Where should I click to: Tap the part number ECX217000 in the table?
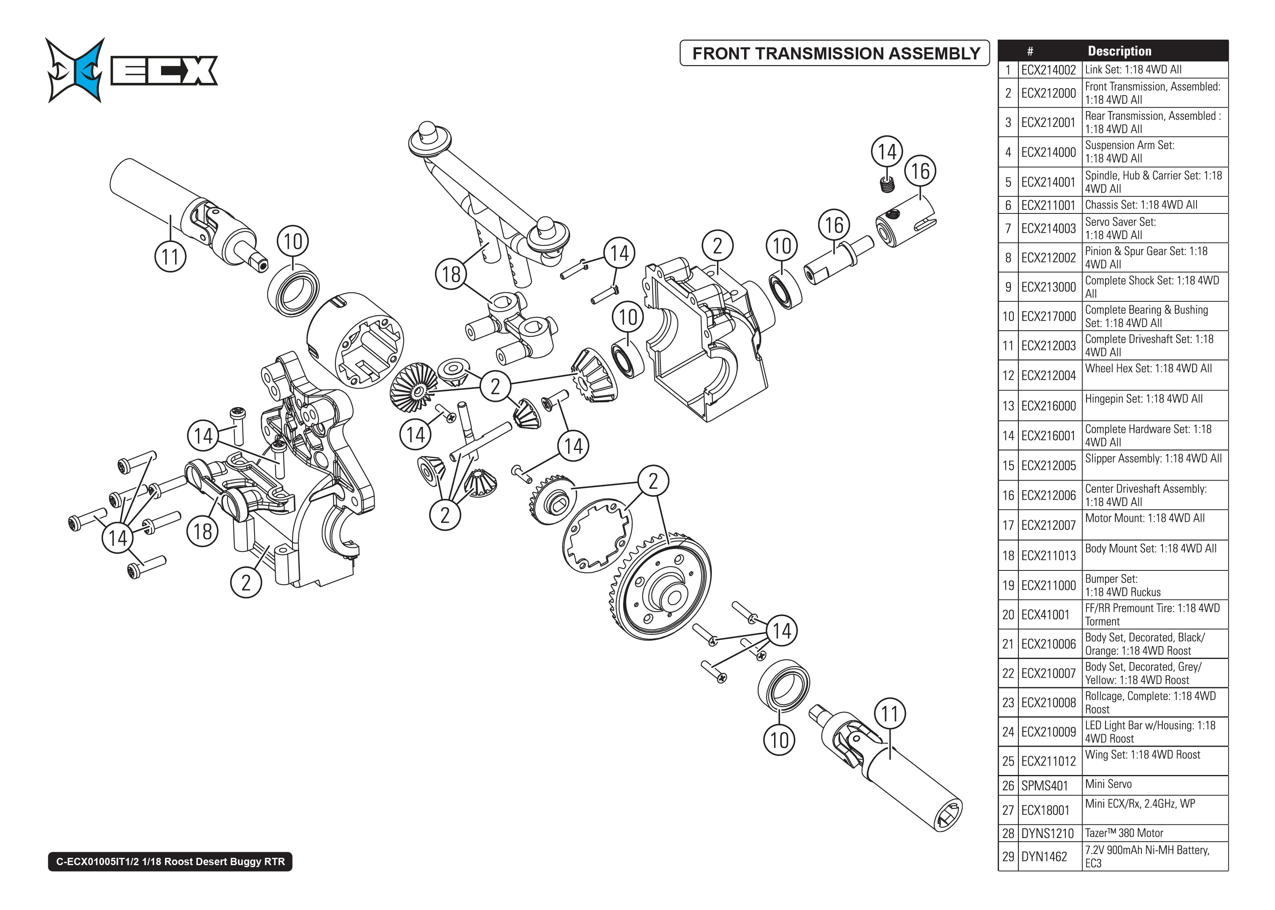[x=1048, y=317]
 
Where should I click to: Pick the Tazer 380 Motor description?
[x=1124, y=833]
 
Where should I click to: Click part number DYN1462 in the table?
[x=1044, y=856]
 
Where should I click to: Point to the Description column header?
[x=1119, y=51]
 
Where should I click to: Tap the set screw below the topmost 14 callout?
[x=887, y=183]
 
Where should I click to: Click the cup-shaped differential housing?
[x=356, y=339]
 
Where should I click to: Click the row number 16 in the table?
[x=1008, y=495]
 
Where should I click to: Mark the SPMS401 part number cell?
[x=1044, y=785]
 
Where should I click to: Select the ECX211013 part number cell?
[x=1048, y=555]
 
